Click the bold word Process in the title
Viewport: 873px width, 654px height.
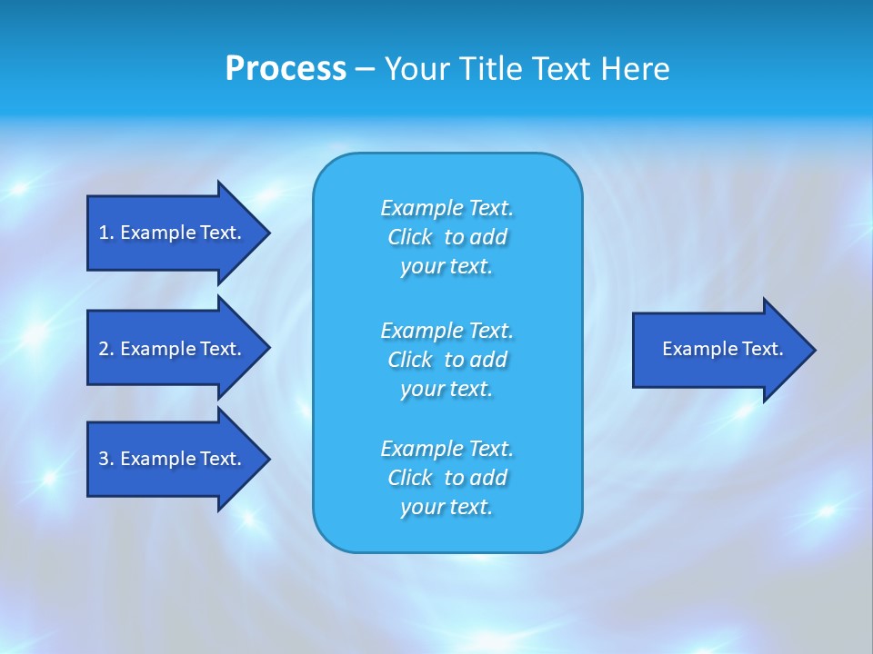pyautogui.click(x=286, y=69)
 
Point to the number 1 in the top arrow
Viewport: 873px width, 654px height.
pyautogui.click(x=103, y=233)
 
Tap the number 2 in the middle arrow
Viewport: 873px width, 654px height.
pyautogui.click(x=104, y=349)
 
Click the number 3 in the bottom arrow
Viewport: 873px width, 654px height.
pyautogui.click(x=104, y=459)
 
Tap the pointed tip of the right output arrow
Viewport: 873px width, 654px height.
pyautogui.click(x=813, y=349)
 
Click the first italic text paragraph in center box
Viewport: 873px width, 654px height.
pyautogui.click(x=447, y=237)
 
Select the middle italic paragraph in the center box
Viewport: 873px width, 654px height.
pyautogui.click(x=447, y=360)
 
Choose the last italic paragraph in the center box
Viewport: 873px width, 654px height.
pyautogui.click(x=447, y=478)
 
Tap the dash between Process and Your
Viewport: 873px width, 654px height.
pyautogui.click(x=366, y=69)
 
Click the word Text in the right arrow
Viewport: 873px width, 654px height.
pyautogui.click(x=764, y=349)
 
